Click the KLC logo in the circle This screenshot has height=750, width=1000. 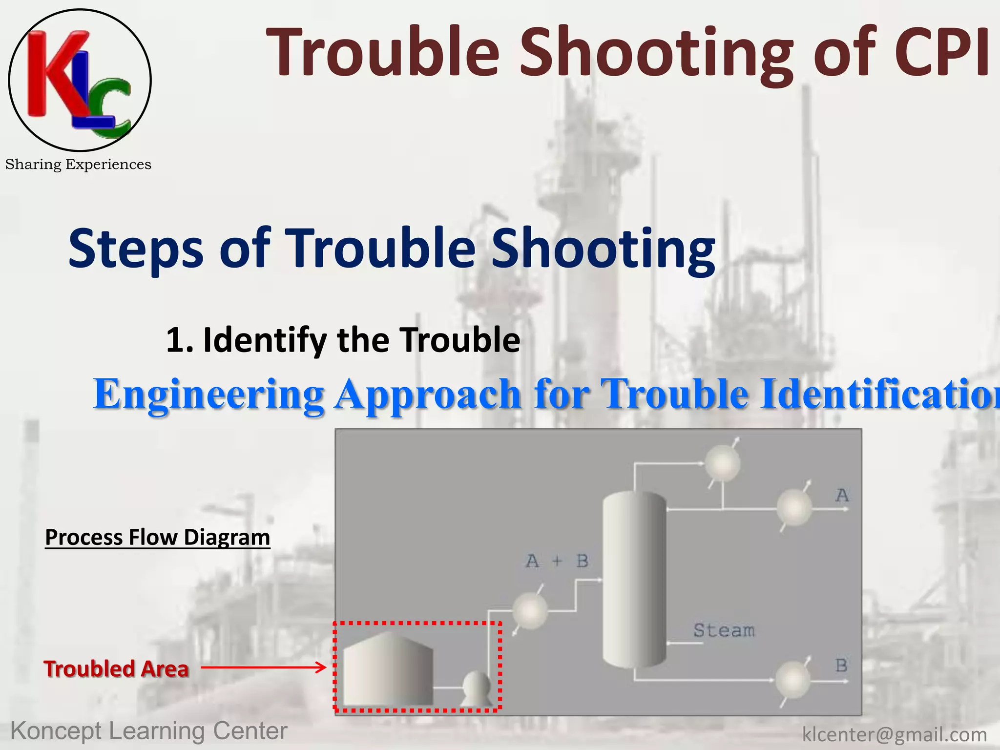pyautogui.click(x=80, y=80)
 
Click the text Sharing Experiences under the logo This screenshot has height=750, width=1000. pyautogui.click(x=78, y=165)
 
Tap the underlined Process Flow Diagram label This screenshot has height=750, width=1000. pyautogui.click(x=157, y=538)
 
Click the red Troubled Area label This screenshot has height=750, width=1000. pyautogui.click(x=116, y=669)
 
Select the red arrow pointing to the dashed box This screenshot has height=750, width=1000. pyautogui.click(x=263, y=667)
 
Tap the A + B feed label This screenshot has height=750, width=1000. pyautogui.click(x=557, y=562)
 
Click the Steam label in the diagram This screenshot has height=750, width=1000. pyautogui.click(x=724, y=630)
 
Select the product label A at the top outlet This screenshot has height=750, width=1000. pyautogui.click(x=842, y=496)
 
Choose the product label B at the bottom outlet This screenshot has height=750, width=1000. pyautogui.click(x=841, y=665)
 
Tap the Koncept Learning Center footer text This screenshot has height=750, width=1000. pyautogui.click(x=149, y=731)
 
